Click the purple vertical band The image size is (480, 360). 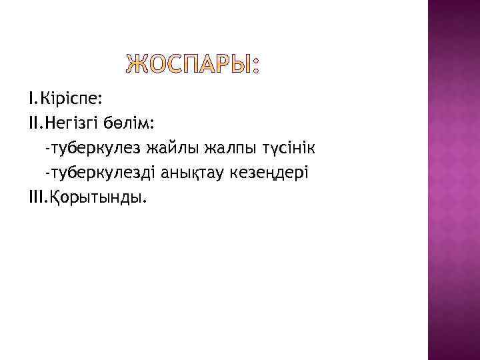(453, 180)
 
